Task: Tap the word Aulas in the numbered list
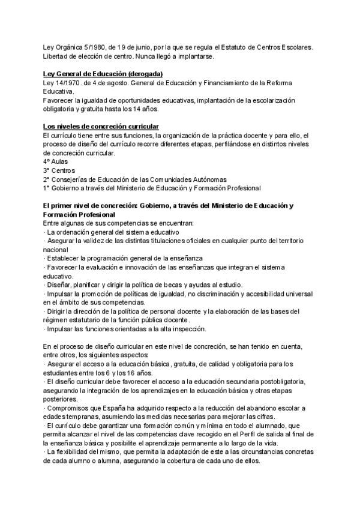click(60, 162)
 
